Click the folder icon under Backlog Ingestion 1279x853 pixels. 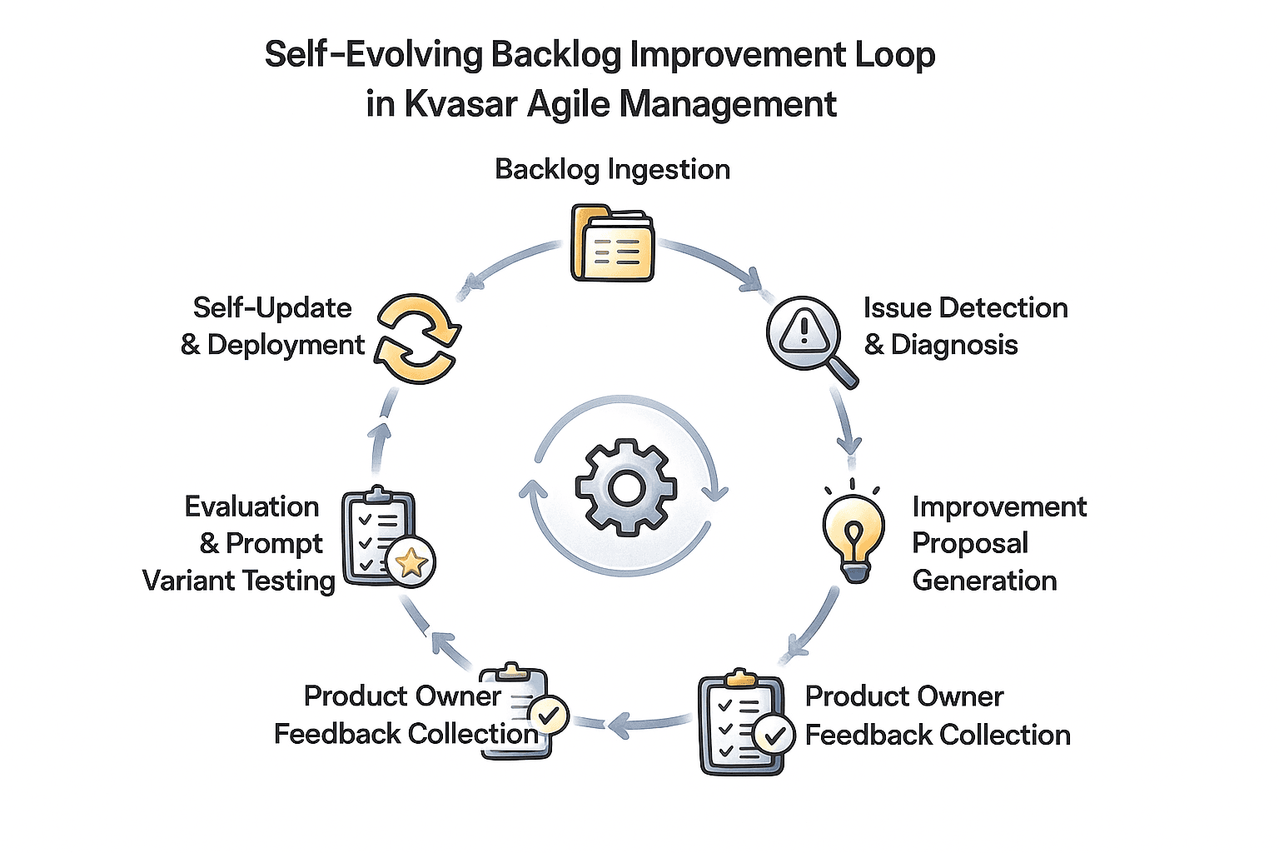[612, 243]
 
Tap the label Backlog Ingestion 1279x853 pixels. [612, 169]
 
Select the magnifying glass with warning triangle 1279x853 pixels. [804, 333]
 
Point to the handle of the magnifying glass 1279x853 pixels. [844, 373]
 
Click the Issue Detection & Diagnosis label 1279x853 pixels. [964, 326]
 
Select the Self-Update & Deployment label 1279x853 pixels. [273, 326]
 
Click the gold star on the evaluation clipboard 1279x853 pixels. [411, 564]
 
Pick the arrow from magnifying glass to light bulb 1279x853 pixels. [845, 422]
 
